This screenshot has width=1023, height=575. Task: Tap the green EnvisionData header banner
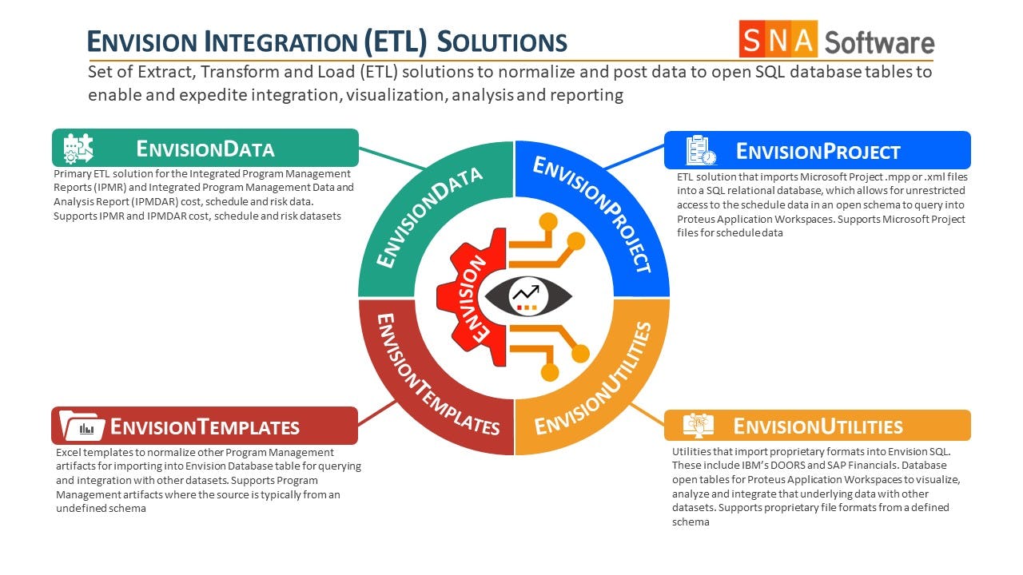[x=205, y=149]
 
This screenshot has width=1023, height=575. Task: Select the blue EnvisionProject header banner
[x=817, y=151]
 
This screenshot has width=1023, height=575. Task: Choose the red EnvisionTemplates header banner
[x=204, y=426]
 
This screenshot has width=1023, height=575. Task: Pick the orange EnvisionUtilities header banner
[x=817, y=426]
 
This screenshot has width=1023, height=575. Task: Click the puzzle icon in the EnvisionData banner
[x=78, y=149]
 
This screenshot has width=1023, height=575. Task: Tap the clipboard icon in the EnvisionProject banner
[x=698, y=151]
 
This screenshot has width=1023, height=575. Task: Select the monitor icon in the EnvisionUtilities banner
[x=698, y=426]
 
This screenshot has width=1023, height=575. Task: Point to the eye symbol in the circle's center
[x=528, y=295]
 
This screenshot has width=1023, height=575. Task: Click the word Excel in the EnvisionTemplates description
[x=69, y=452]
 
